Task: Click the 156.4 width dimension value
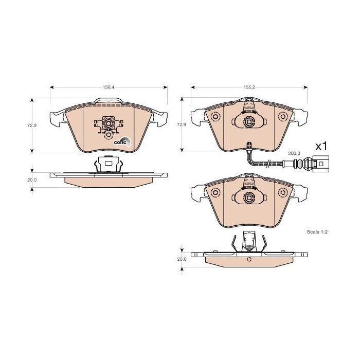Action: click(x=109, y=87)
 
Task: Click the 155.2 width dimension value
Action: click(x=249, y=87)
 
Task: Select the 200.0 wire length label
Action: click(x=294, y=153)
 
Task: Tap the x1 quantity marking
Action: click(x=321, y=146)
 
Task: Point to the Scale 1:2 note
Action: click(x=317, y=232)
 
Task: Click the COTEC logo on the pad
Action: click(x=122, y=142)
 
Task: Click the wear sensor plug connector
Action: click(x=321, y=164)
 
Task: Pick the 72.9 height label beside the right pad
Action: click(x=182, y=124)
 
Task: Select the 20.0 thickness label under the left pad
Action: click(x=32, y=180)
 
